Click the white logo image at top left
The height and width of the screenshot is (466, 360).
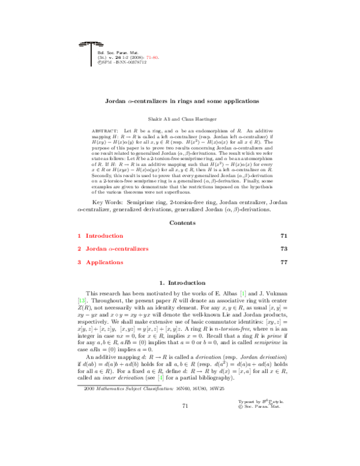click(91, 53)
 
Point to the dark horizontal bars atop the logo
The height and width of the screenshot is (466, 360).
click(91, 43)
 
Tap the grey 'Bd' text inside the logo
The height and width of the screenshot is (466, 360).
click(100, 53)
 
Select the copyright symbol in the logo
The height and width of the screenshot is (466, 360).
click(100, 62)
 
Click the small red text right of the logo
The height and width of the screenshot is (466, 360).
click(152, 58)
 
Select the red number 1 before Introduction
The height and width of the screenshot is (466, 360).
click(79, 236)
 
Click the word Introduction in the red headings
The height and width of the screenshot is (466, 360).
click(104, 236)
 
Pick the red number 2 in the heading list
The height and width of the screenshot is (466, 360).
click(79, 249)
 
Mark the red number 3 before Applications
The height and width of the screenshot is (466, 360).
click(79, 262)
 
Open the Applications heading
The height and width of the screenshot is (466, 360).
click(104, 262)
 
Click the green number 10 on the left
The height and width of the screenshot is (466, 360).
click(82, 301)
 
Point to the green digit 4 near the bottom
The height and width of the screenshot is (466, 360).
click(161, 378)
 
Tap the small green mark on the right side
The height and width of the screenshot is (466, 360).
click(243, 294)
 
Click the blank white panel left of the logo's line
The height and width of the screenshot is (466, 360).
click(84, 58)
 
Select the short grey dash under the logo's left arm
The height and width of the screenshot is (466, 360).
click(82, 46)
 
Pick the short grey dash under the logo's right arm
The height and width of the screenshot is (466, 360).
click(100, 46)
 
